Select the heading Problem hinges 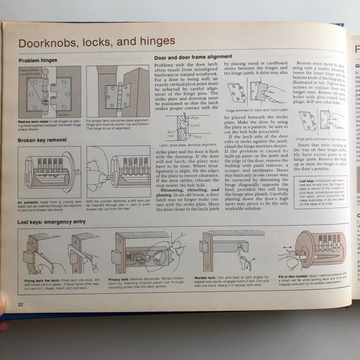pyautogui.click(x=38, y=60)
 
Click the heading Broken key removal pyautogui.click(x=42, y=140)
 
